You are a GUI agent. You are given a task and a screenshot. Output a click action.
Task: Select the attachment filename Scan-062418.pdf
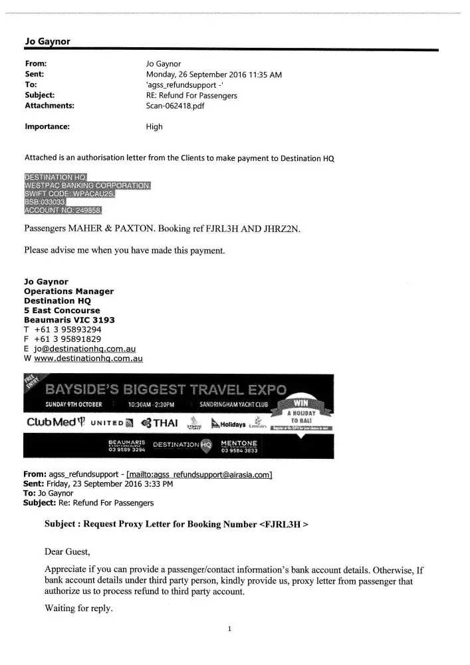[175, 106]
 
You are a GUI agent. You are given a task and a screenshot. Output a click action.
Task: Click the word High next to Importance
[154, 127]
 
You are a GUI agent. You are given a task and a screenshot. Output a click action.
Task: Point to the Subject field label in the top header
[41, 95]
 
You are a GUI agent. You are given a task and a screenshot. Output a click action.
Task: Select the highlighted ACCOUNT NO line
[63, 211]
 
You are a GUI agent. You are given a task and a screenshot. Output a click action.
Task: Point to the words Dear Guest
[70, 551]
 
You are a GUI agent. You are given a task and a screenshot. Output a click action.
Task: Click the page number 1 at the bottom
[229, 629]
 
